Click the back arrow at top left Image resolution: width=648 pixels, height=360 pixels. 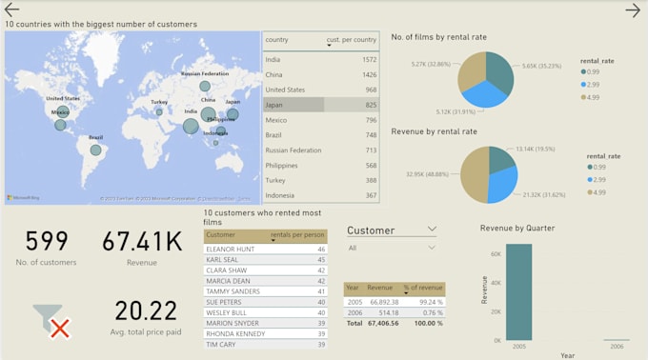pyautogui.click(x=12, y=10)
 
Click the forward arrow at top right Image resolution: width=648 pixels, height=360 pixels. pyautogui.click(x=633, y=10)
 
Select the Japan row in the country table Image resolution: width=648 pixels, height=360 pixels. pyautogui.click(x=294, y=105)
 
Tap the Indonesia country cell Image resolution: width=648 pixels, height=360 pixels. pyautogui.click(x=281, y=195)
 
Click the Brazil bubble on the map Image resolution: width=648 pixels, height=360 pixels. pyautogui.click(x=95, y=150)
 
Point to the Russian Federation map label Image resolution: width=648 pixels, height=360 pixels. pyautogui.click(x=204, y=73)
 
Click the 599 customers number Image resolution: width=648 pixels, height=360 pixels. pyautogui.click(x=46, y=242)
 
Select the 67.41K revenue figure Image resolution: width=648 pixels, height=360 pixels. pyautogui.click(x=141, y=242)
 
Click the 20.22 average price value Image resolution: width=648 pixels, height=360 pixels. pyautogui.click(x=146, y=311)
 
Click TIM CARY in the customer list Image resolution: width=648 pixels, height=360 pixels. pyautogui.click(x=221, y=345)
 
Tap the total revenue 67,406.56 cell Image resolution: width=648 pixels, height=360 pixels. pyautogui.click(x=382, y=324)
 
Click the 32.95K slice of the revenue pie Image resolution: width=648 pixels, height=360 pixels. pyautogui.click(x=474, y=176)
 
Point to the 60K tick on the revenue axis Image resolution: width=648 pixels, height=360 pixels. pyautogui.click(x=495, y=254)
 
